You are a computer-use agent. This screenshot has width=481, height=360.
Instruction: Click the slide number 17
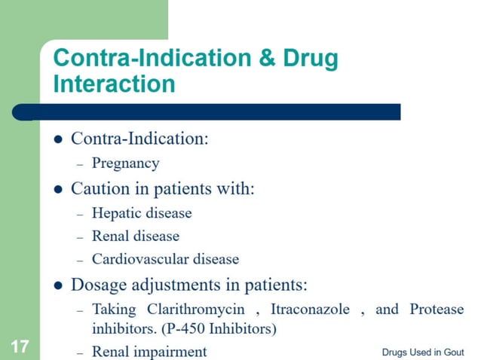point(19,347)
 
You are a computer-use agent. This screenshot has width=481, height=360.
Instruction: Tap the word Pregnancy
point(125,163)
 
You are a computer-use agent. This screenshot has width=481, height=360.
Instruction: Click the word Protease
point(437,310)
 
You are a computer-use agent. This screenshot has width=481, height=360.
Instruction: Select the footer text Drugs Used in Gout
point(422,352)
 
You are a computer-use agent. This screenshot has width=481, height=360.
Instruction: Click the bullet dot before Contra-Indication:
point(59,140)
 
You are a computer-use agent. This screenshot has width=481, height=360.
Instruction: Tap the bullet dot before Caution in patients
point(59,190)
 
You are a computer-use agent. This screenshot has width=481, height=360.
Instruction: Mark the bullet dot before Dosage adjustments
point(59,286)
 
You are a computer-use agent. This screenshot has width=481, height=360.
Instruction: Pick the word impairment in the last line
point(171,351)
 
